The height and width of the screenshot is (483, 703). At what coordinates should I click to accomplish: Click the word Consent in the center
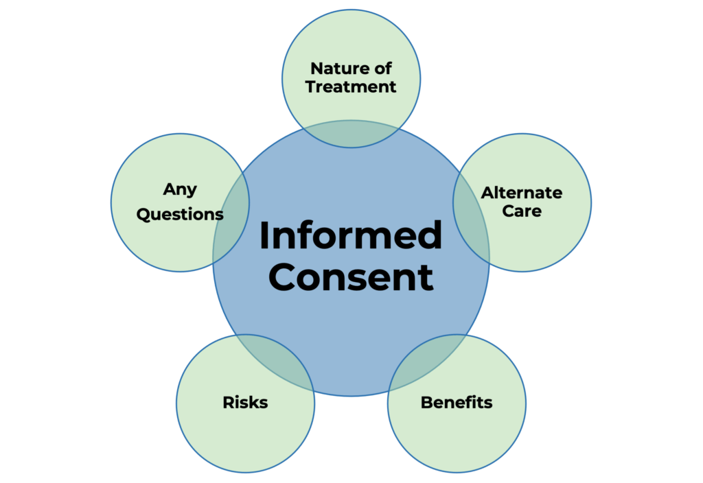click(x=351, y=278)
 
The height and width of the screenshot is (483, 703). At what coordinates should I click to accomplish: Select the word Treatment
click(x=351, y=87)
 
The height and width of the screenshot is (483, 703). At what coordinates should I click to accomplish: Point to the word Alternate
click(x=522, y=193)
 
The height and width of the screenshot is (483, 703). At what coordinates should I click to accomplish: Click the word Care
click(x=522, y=211)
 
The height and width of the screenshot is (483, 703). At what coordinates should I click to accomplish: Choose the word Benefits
click(x=457, y=403)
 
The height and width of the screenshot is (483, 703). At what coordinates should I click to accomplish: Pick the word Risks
click(x=245, y=403)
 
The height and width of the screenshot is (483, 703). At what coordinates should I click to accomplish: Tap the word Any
click(x=180, y=189)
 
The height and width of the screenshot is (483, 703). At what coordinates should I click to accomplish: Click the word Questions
click(x=180, y=214)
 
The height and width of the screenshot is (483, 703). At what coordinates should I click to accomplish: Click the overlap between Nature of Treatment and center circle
click(x=351, y=133)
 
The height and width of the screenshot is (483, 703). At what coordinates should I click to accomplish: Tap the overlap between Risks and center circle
click(x=276, y=360)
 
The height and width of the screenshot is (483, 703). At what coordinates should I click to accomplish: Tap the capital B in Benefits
click(x=426, y=403)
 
